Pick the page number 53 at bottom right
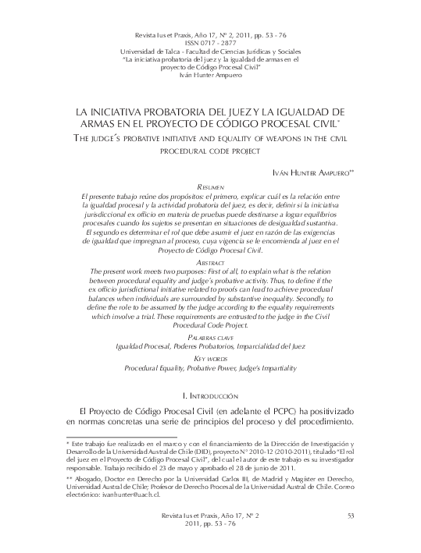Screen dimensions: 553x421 pos(350,516)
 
